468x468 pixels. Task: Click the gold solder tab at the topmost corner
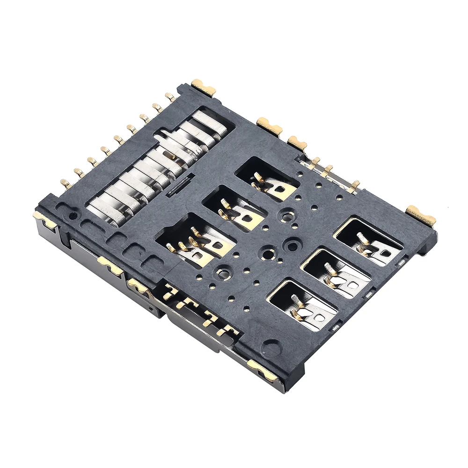pos(203,87)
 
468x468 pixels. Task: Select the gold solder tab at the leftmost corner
pos(44,219)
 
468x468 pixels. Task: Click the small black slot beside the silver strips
pos(181,183)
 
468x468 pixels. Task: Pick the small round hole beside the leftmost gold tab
pos(73,216)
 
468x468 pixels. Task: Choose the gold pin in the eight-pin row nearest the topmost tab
pos(170,97)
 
